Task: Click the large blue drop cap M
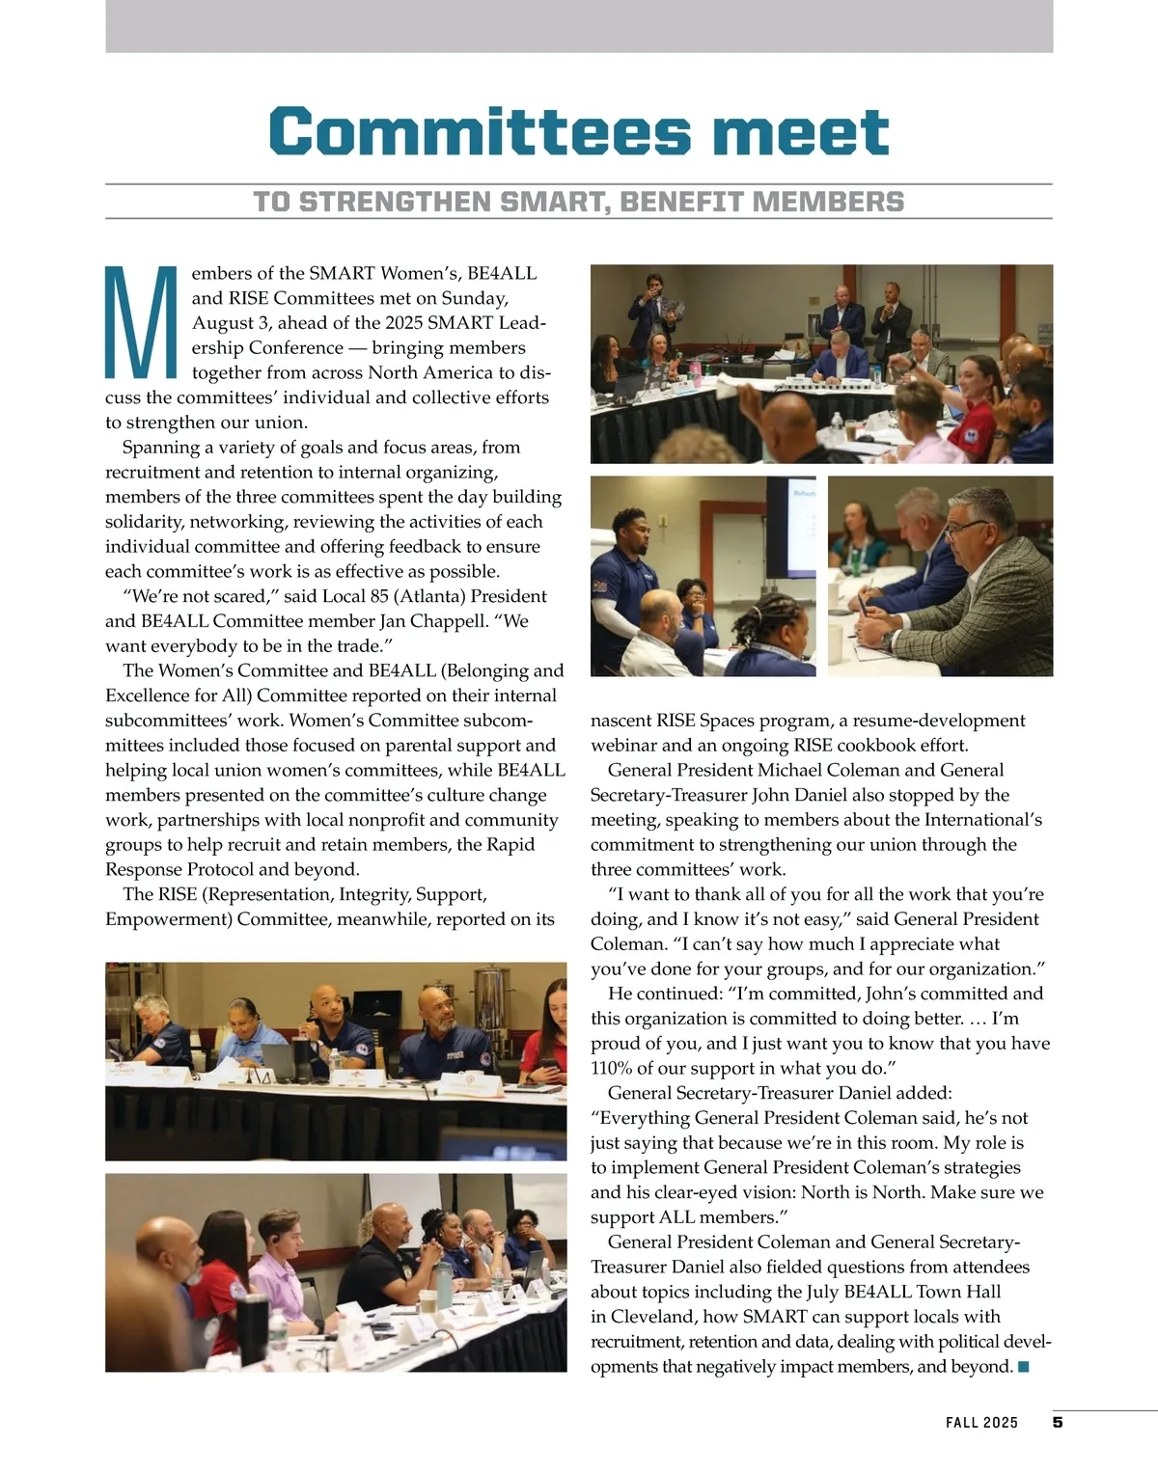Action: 141,323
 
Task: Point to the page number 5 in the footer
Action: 1058,1422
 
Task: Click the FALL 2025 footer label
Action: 981,1423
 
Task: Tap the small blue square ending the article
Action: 1024,1367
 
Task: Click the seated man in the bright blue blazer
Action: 840,362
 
